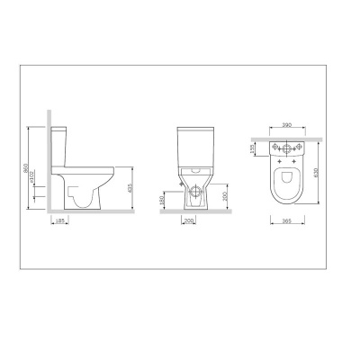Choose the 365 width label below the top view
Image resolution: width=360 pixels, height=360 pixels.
point(287,223)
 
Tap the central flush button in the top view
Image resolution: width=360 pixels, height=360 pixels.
point(287,148)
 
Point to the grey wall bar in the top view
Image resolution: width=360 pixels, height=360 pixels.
point(287,139)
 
